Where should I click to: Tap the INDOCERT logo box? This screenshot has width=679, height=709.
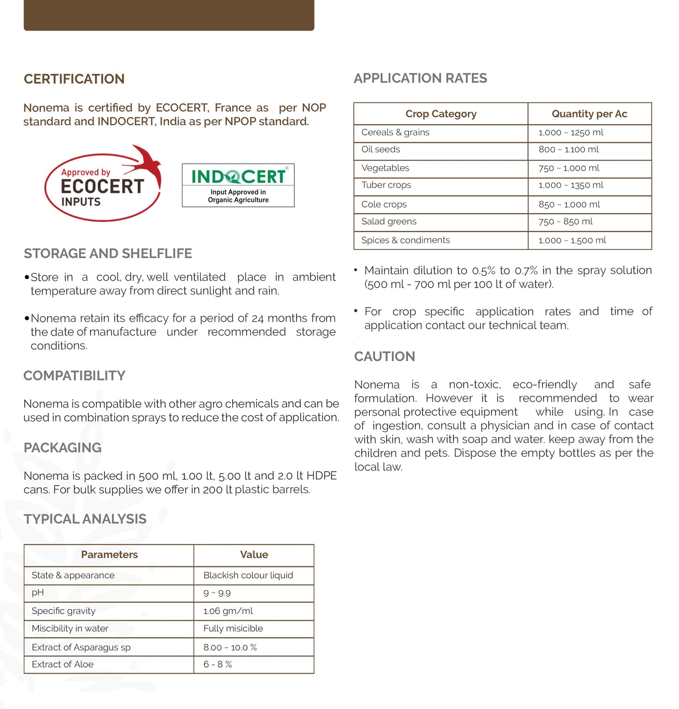tap(238, 185)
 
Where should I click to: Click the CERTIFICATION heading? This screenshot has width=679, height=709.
tap(74, 79)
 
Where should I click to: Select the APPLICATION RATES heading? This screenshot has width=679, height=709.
tap(420, 78)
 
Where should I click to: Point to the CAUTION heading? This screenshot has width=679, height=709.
tap(384, 356)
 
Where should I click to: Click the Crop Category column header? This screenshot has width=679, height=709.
tap(440, 114)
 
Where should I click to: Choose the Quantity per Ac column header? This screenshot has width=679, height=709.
tap(589, 114)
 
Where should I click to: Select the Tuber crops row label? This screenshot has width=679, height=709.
tap(386, 185)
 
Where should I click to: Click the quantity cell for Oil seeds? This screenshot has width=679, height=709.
tap(569, 149)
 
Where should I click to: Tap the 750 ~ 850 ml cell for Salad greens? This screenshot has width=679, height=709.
tap(565, 221)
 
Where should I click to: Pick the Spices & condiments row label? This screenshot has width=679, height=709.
tap(405, 240)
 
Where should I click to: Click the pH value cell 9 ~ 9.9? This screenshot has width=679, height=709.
tap(217, 593)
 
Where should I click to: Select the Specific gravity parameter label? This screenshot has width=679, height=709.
tap(63, 611)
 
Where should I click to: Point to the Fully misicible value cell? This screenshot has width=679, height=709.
tap(233, 629)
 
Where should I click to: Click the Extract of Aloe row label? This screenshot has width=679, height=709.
tap(62, 664)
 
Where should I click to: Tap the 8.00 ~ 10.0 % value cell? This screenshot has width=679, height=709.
tap(230, 647)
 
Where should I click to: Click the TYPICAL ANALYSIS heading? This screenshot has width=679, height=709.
tap(85, 519)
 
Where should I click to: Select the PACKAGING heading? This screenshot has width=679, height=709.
tap(62, 447)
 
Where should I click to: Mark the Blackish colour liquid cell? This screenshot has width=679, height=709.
tap(248, 575)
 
